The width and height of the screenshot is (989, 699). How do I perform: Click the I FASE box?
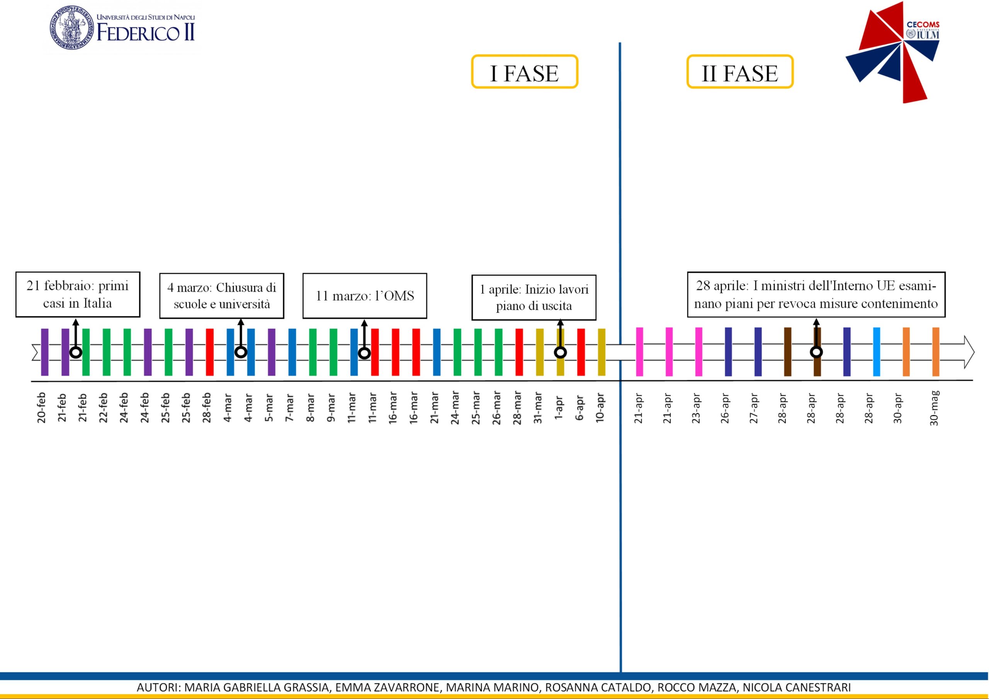pos(524,72)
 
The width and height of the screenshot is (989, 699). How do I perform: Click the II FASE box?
pos(739,72)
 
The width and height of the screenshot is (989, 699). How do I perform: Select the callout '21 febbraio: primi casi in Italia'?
pos(78,295)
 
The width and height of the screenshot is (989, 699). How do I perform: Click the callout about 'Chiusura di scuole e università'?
pos(221,296)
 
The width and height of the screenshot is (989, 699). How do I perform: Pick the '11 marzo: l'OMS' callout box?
pos(364,296)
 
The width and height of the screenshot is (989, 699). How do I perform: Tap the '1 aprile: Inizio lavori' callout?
pos(534,298)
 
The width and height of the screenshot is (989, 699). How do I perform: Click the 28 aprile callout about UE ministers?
pos(816,295)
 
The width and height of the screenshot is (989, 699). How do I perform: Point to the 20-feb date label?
pos(42,407)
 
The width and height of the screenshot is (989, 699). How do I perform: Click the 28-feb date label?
pos(207,407)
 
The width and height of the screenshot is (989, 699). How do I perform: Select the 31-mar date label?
pos(538,407)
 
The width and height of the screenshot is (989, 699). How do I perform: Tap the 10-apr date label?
pos(600,407)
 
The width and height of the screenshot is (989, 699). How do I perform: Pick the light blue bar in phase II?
pos(876,351)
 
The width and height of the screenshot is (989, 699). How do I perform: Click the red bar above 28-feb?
pos(210,352)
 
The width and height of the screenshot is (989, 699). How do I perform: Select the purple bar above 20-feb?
pos(44,352)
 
